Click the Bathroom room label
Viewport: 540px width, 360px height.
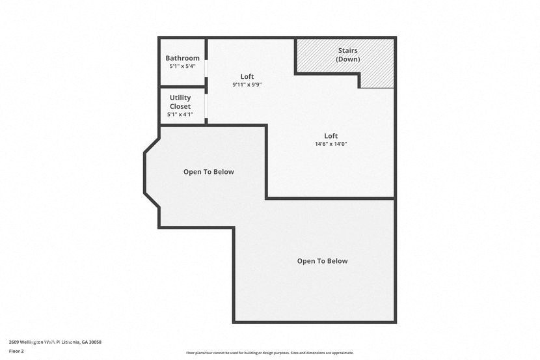point(182,58)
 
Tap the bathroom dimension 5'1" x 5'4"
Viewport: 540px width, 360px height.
point(182,66)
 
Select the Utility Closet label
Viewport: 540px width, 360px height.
point(180,102)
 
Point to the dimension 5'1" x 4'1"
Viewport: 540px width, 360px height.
point(180,115)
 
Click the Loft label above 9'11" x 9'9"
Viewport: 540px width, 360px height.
point(247,76)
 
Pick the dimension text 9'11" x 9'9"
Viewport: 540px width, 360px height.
point(247,85)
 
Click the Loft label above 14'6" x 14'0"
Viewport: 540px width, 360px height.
point(331,135)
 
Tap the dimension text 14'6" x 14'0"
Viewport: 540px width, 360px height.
point(331,144)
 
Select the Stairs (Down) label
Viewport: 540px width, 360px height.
point(347,55)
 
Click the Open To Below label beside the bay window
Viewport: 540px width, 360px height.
point(208,172)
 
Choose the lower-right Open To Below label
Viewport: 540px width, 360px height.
point(322,261)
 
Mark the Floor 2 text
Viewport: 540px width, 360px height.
point(16,350)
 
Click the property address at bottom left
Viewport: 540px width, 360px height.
point(55,342)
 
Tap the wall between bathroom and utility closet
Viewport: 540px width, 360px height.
point(182,87)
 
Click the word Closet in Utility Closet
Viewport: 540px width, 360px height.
point(180,106)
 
